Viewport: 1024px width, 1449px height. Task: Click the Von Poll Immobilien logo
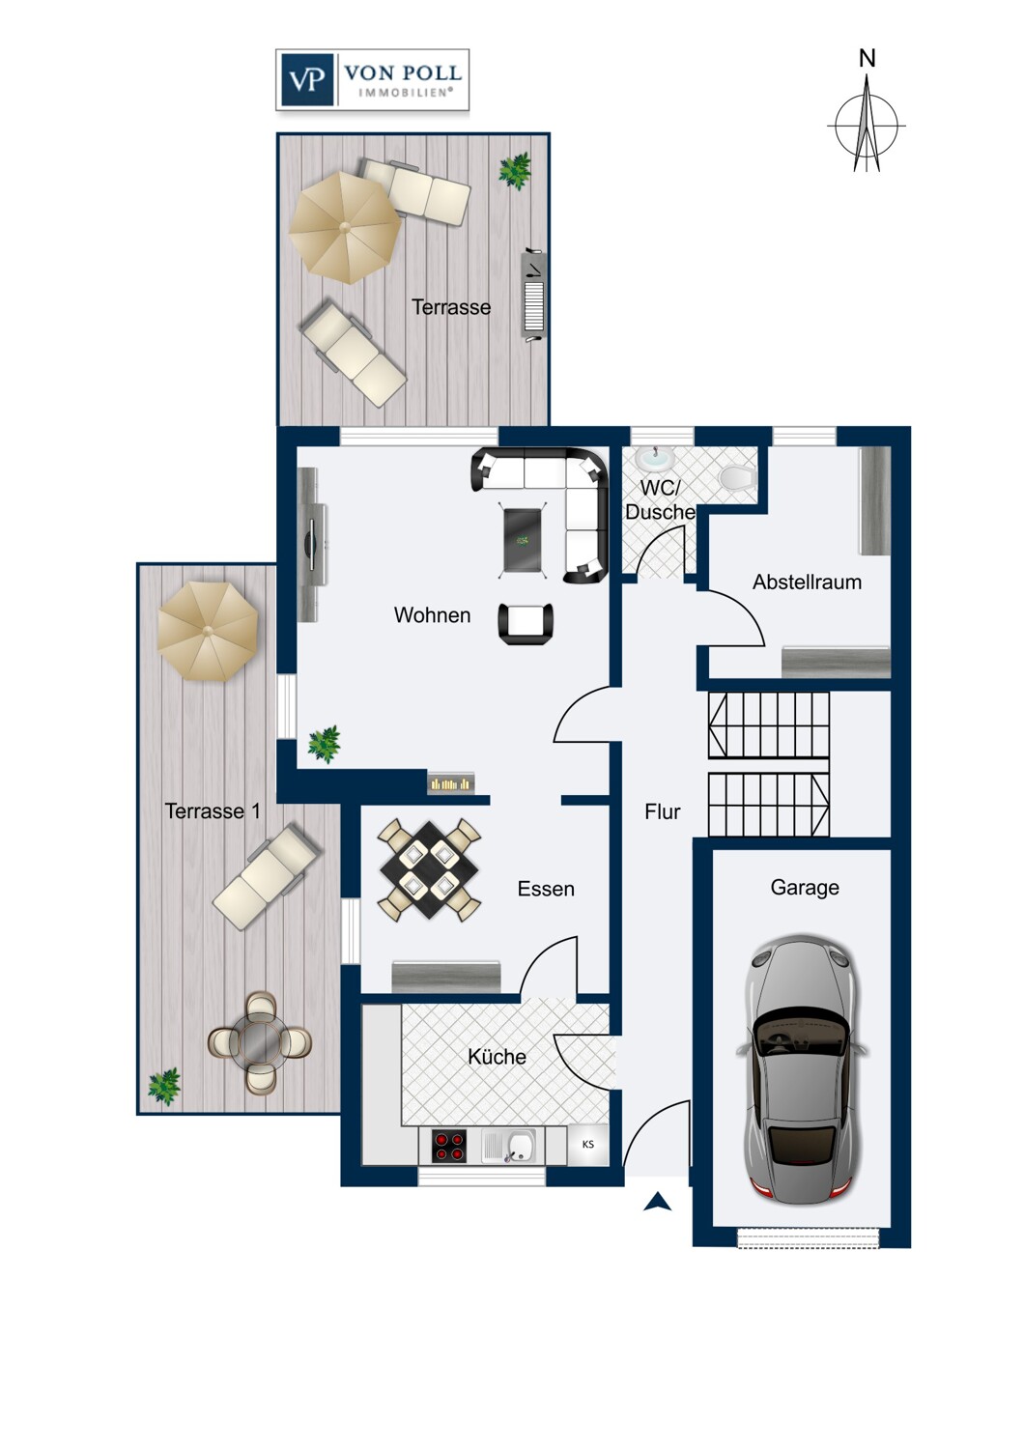coord(373,80)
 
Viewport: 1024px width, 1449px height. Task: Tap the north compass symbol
coord(867,117)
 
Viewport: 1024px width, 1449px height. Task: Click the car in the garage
coord(803,1070)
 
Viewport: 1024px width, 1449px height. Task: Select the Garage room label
coord(805,888)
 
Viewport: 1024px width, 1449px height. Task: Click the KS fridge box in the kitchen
coord(588,1145)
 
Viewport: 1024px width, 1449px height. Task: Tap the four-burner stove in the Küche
coord(449,1146)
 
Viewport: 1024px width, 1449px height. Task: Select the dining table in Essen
coord(430,869)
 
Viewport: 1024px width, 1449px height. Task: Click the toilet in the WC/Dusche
coord(738,477)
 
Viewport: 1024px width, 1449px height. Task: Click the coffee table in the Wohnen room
coord(523,539)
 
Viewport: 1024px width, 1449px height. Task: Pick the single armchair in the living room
coord(526,624)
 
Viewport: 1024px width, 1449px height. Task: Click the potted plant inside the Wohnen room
coord(324,744)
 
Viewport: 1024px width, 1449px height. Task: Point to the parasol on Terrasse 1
coord(208,631)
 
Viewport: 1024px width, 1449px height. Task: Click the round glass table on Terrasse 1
coord(260,1042)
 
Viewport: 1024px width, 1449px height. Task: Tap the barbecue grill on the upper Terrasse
coord(533,295)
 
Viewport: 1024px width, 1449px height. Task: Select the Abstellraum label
coord(807,582)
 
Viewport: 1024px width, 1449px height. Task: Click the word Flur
coord(663,811)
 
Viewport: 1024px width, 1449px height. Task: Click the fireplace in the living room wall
coord(451,783)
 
